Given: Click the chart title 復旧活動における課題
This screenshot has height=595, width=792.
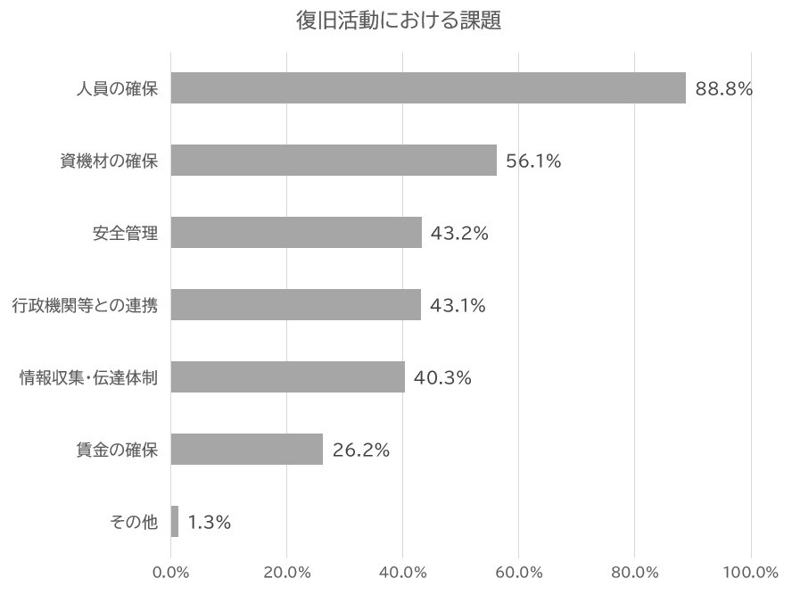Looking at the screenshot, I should tap(398, 21).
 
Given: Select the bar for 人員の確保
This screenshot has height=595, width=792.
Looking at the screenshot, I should tap(428, 88).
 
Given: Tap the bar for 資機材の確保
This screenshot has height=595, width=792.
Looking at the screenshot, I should tap(334, 161).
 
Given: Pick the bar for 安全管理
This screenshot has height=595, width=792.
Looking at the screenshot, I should tap(296, 233).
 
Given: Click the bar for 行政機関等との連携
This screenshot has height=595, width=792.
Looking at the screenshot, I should tap(296, 305).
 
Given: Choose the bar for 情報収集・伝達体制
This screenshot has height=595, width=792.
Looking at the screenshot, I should tap(288, 377).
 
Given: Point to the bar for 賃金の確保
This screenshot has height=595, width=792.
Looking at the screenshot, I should tap(247, 450).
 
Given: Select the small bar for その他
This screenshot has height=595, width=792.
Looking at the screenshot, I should tap(175, 522).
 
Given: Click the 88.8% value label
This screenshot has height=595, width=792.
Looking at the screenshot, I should tap(724, 88).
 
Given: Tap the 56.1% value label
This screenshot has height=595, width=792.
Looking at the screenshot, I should tap(533, 161).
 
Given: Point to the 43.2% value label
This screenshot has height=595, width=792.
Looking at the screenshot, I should tap(459, 234).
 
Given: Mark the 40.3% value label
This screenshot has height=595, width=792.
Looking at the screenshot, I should tap(442, 378).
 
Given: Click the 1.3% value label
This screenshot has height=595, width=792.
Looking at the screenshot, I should tap(210, 523).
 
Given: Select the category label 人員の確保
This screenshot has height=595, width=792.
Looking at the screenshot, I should tap(117, 88).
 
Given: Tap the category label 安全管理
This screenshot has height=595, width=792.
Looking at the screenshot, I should tap(125, 234).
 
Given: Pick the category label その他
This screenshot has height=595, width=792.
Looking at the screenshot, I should tap(134, 523).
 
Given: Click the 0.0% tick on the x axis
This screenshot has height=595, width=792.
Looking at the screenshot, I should tap(171, 572).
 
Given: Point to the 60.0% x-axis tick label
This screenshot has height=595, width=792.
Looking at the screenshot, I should tap(519, 572).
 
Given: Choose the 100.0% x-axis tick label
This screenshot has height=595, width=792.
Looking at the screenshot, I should tap(751, 572).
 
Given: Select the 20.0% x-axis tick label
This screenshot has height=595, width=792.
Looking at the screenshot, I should tap(286, 572).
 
